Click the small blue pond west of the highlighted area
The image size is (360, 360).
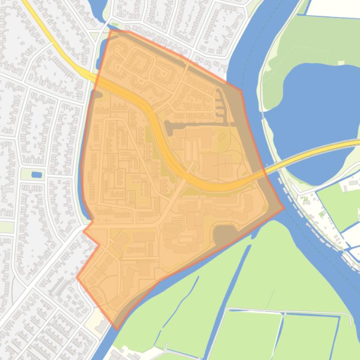pos(36,175)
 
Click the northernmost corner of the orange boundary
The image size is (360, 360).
pos(110,30)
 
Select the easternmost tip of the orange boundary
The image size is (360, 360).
pos(284,208)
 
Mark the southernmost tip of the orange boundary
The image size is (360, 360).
pos(116,329)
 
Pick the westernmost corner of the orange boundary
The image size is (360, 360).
pos(77,277)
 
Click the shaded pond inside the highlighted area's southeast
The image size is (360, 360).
pos(226,234)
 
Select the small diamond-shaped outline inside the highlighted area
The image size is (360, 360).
pos(221,138)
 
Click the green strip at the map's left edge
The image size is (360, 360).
pos(6,227)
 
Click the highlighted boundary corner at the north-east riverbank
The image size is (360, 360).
pos(241,91)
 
